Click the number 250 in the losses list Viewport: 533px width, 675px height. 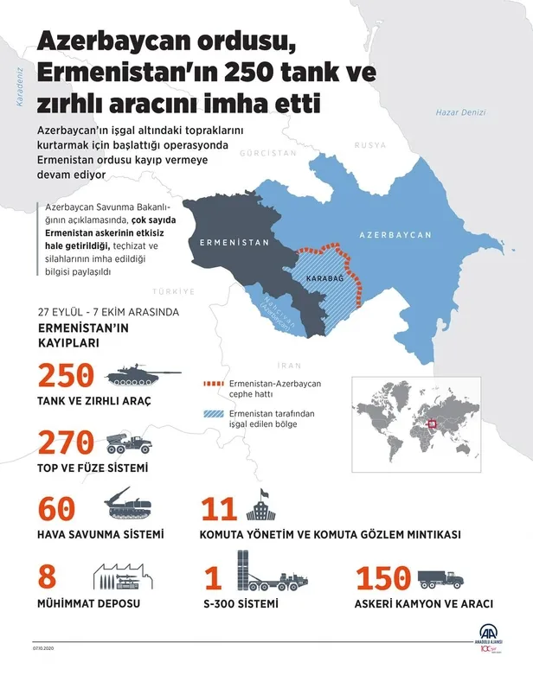[x=65, y=375]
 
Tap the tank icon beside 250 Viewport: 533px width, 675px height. [x=138, y=375]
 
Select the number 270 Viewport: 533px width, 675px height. [x=65, y=442]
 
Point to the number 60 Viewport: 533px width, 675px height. [x=57, y=509]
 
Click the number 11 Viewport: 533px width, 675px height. [x=219, y=509]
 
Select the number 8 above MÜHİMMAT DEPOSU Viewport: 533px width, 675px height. [x=48, y=577]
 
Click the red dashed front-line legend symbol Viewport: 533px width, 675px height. [x=214, y=381]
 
